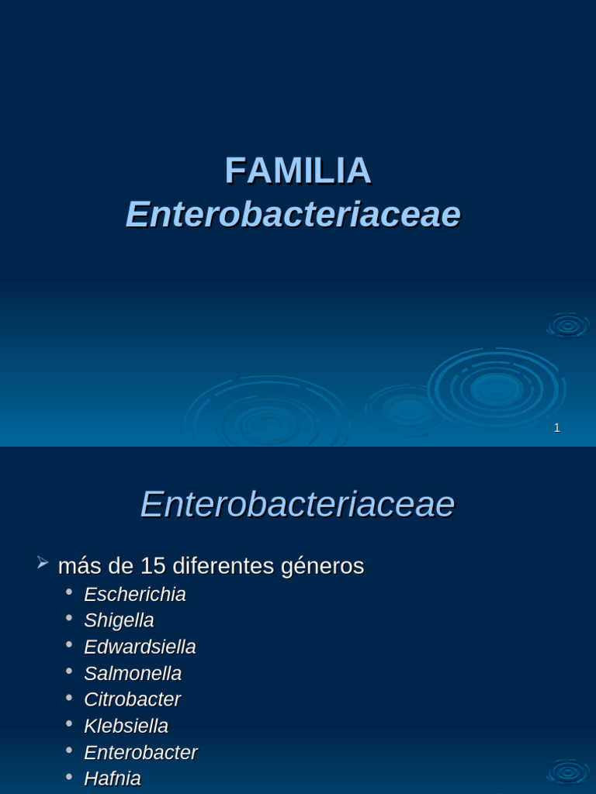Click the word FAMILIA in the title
click(x=298, y=171)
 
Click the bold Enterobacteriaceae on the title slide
click(x=293, y=214)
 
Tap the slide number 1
click(x=556, y=428)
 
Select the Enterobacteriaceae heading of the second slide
click(x=297, y=505)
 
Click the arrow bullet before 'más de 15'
click(x=43, y=563)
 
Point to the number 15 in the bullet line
click(x=153, y=567)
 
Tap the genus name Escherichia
click(x=135, y=595)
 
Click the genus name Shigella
click(x=119, y=621)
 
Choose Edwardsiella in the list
click(x=140, y=647)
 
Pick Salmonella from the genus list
click(x=133, y=674)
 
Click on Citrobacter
click(x=132, y=700)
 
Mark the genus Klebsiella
click(x=126, y=727)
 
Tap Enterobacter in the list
click(x=140, y=753)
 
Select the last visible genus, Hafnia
click(x=113, y=778)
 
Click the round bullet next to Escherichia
click(x=70, y=592)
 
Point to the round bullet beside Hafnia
click(x=70, y=776)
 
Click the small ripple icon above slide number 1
click(x=568, y=326)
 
